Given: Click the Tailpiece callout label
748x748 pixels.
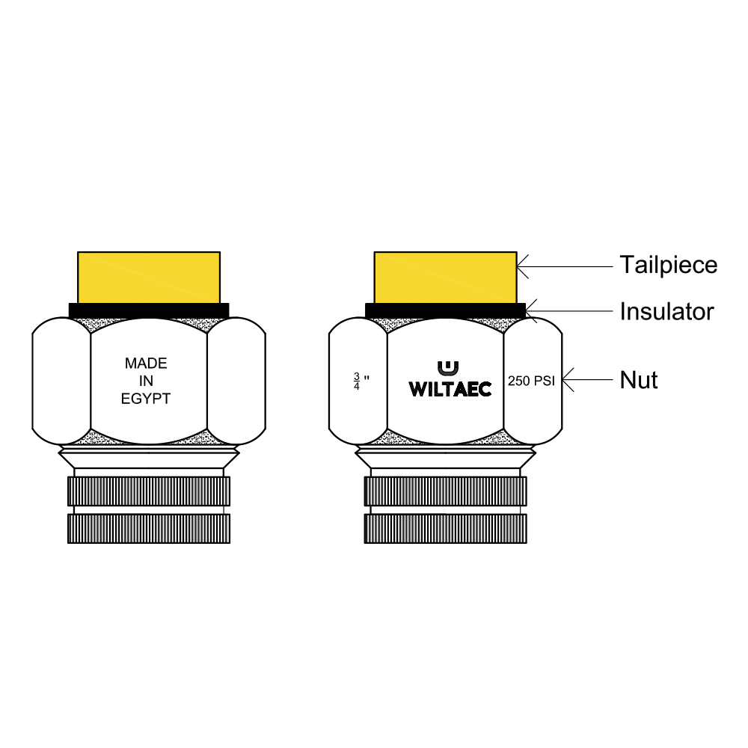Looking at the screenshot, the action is pyautogui.click(x=668, y=266).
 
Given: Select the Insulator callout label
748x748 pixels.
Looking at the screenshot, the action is pyautogui.click(x=667, y=311).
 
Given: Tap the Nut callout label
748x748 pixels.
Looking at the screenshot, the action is pyautogui.click(x=639, y=380).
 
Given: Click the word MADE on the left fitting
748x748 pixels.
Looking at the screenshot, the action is pyautogui.click(x=146, y=364).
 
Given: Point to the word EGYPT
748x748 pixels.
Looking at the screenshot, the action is pyautogui.click(x=146, y=399).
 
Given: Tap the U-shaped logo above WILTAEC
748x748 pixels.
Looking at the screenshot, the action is pyautogui.click(x=448, y=369).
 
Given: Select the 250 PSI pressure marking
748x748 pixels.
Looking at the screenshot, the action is pyautogui.click(x=531, y=381).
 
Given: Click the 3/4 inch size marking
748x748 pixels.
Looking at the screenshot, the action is pyautogui.click(x=361, y=381).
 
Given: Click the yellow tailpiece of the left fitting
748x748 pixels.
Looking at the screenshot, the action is pyautogui.click(x=149, y=278).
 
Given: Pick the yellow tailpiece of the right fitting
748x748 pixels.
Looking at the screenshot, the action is pyautogui.click(x=446, y=278).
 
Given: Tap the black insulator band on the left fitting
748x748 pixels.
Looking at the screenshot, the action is pyautogui.click(x=149, y=310).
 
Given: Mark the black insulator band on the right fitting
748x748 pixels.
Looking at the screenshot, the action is pyautogui.click(x=446, y=310).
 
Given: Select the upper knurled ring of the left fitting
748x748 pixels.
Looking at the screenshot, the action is pyautogui.click(x=149, y=491).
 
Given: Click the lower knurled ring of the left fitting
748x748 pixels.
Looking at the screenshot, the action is pyautogui.click(x=149, y=529).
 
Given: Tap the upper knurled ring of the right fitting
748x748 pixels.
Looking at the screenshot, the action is pyautogui.click(x=446, y=491).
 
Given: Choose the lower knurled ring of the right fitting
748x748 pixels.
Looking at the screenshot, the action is pyautogui.click(x=446, y=529).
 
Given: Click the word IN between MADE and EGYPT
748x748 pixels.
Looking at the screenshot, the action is pyautogui.click(x=146, y=381).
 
